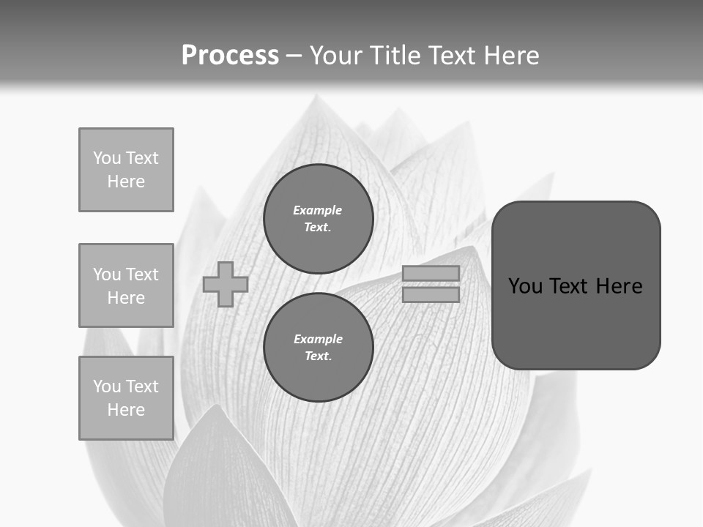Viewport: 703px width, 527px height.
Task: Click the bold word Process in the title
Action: click(230, 55)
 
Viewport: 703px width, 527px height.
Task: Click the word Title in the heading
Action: click(395, 55)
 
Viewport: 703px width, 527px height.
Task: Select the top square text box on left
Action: click(126, 170)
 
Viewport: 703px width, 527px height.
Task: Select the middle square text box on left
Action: click(126, 285)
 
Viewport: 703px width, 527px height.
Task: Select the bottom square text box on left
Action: click(126, 398)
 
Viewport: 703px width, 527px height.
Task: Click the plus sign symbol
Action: click(226, 284)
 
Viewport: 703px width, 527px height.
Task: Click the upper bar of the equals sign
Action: click(431, 274)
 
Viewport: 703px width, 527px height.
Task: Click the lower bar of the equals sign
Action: click(431, 294)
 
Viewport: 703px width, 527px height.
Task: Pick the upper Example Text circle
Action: click(318, 219)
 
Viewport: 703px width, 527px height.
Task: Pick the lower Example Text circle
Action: click(318, 347)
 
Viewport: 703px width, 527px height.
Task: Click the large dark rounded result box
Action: click(576, 322)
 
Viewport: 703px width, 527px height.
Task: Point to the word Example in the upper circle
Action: click(317, 210)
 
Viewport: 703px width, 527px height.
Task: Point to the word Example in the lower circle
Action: click(318, 339)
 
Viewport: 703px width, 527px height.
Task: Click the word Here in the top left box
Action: click(126, 182)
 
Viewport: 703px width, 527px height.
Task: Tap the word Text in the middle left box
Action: click(141, 274)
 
